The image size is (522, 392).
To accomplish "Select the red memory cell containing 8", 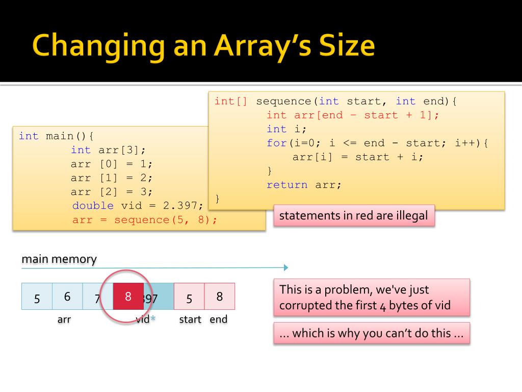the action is click(x=128, y=296).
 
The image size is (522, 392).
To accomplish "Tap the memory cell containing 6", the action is click(x=67, y=297).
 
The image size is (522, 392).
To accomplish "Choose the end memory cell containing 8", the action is click(x=220, y=297).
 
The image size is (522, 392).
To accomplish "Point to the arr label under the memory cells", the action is click(x=64, y=320).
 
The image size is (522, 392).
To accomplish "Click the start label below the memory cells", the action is click(x=190, y=320).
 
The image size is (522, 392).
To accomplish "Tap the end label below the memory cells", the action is click(x=219, y=320).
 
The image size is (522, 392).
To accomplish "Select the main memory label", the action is click(x=59, y=259).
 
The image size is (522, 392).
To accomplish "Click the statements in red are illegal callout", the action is click(x=354, y=215).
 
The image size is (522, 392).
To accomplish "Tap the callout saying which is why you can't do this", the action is click(x=371, y=333).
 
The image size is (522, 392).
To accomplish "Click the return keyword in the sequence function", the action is click(x=287, y=185).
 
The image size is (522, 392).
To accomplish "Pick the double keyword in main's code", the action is click(x=93, y=206).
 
